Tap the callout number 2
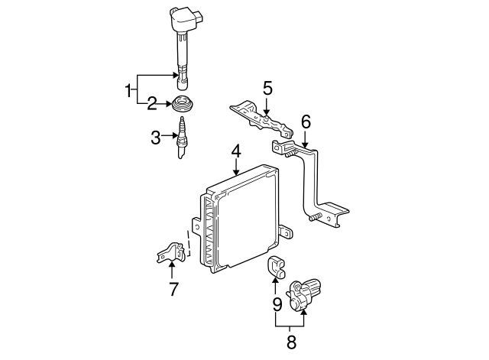tap(152, 102)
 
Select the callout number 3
tap(156, 138)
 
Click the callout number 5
tap(267, 88)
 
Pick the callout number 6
tap(306, 122)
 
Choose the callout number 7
tap(173, 289)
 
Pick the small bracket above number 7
tap(173, 252)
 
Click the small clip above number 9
tap(275, 267)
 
